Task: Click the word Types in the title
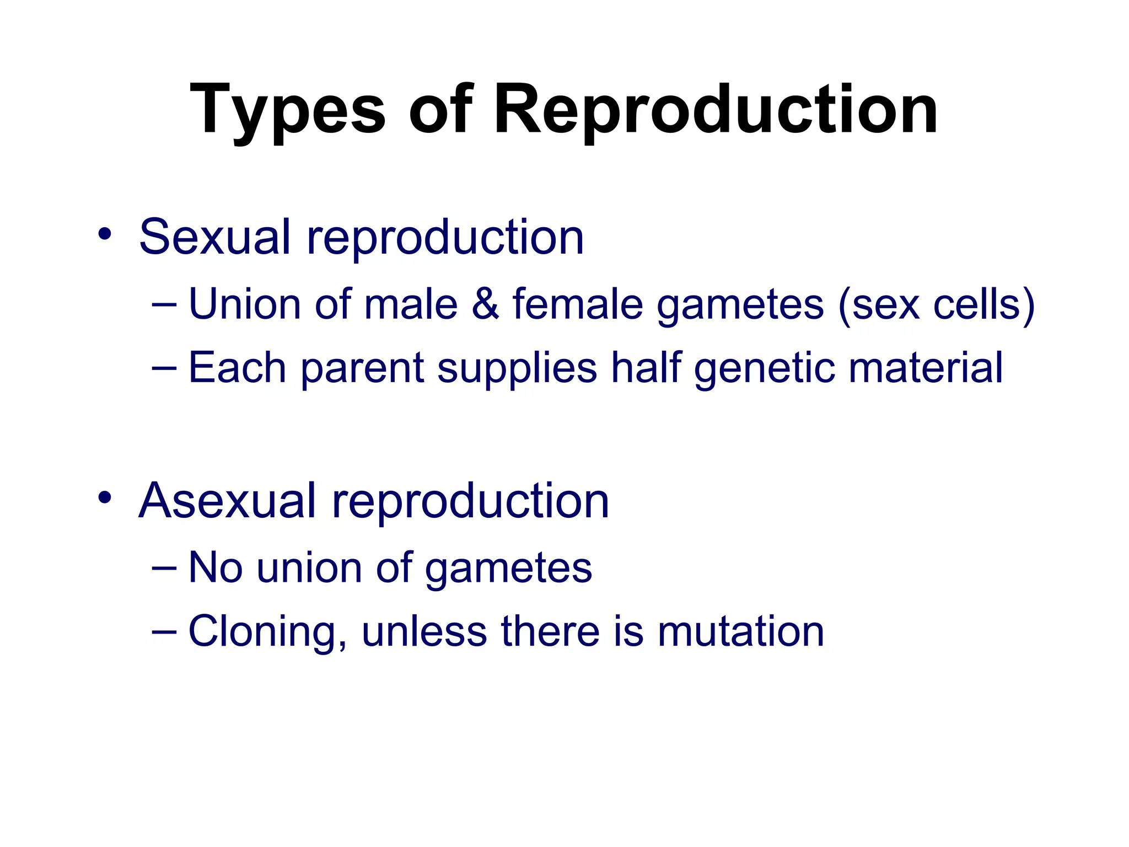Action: (x=287, y=110)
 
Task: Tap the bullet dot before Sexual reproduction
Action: (x=104, y=235)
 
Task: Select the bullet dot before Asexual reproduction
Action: (x=104, y=498)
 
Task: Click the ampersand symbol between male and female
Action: (x=485, y=304)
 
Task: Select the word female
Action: (x=577, y=304)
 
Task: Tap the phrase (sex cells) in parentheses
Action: (x=936, y=305)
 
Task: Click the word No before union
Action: (x=216, y=567)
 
